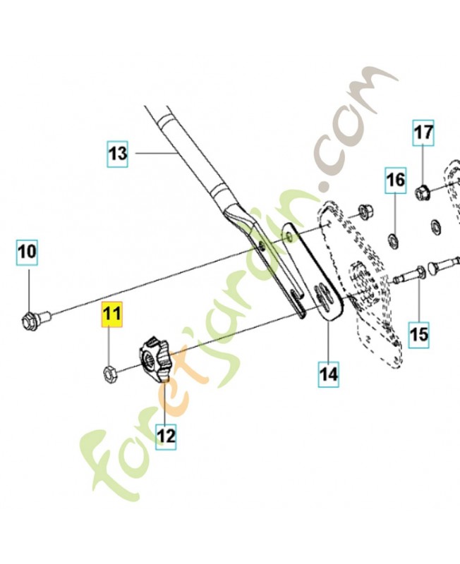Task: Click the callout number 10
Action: tap(28, 252)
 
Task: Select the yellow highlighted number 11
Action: tap(112, 314)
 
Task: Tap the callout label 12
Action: tap(166, 437)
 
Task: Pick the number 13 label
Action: tap(118, 154)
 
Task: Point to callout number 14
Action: tap(329, 374)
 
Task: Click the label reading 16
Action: tap(396, 180)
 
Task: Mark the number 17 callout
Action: tap(423, 133)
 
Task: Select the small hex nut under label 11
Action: tap(109, 372)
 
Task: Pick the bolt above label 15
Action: tap(411, 274)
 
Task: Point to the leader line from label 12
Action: tap(166, 403)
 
